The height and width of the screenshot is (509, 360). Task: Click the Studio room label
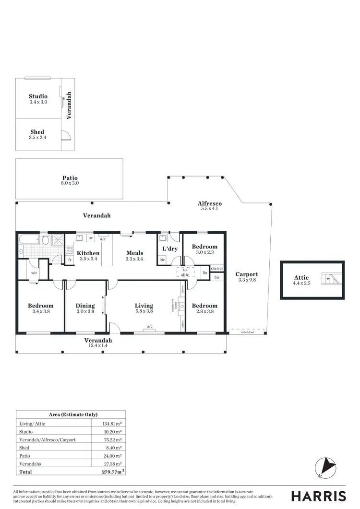coord(38,96)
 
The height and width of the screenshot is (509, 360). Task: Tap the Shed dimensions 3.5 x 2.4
coord(37,138)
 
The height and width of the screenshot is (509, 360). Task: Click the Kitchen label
coord(89,253)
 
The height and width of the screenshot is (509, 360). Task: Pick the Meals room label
coord(135,253)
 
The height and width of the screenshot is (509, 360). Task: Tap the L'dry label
coord(170,249)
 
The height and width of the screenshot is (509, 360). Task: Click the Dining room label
coord(85,306)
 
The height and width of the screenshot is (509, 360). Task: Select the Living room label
coord(144,306)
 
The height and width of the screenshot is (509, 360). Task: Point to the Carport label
coord(247,274)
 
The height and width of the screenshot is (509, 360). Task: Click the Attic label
coord(301,277)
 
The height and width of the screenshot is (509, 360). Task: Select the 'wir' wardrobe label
coord(35,272)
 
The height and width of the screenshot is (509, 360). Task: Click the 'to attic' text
coord(185,272)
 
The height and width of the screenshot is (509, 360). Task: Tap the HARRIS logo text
coord(319,496)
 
